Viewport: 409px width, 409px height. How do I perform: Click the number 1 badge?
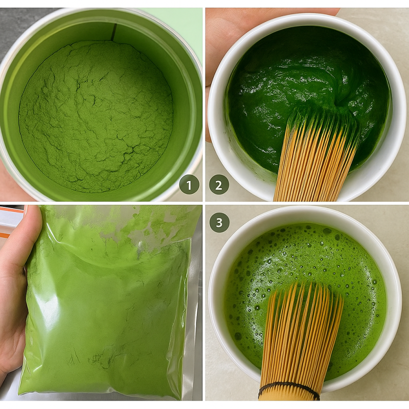pos(189,185)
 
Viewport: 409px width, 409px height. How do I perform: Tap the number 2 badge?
pos(219,185)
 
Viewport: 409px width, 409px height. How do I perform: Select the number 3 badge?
pos(219,222)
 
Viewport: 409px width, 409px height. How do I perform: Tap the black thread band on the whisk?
pos(289,389)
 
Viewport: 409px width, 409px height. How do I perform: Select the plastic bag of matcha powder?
pos(107,307)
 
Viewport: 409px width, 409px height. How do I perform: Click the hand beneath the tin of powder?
pos(13,184)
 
